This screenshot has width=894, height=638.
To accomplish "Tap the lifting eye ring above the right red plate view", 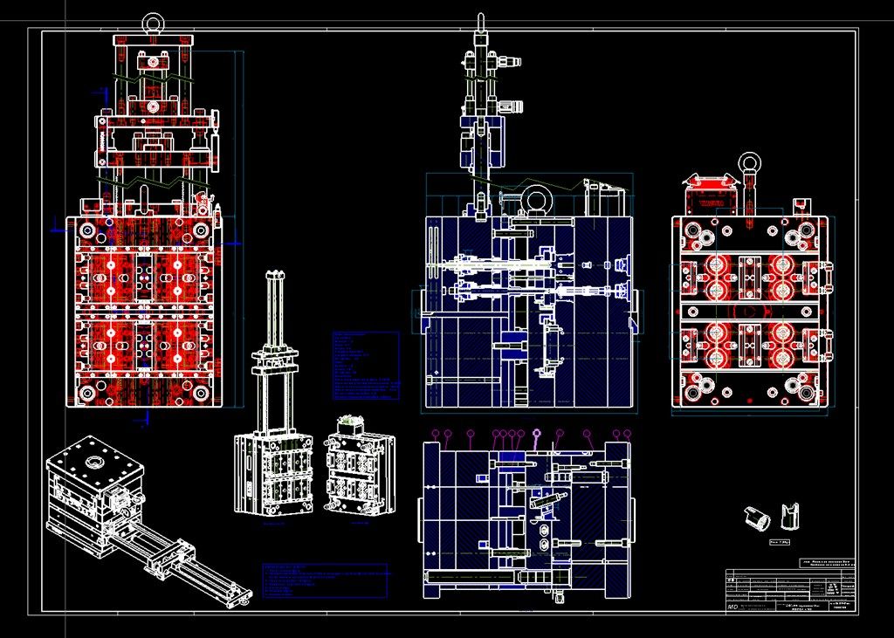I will (749, 161).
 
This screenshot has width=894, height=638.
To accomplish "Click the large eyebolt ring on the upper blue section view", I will (535, 200).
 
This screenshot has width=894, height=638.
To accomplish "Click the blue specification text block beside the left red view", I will (365, 365).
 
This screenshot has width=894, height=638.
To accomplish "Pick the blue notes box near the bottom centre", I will (325, 580).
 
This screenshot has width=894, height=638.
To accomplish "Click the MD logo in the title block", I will (732, 606).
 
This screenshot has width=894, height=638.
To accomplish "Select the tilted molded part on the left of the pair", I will (757, 518).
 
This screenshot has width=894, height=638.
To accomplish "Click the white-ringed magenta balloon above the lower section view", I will (536, 434).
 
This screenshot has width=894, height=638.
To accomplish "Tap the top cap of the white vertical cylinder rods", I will (277, 276).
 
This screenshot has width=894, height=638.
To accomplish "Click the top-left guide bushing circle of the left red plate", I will (86, 230).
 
